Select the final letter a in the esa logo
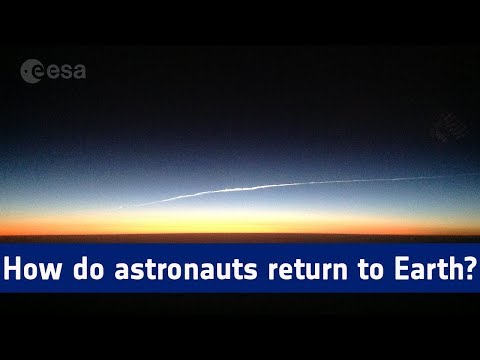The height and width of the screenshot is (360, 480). (x=78, y=71)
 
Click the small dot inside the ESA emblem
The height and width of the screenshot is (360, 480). (x=29, y=70)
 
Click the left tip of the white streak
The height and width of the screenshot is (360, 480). (x=121, y=208)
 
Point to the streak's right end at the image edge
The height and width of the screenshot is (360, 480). (x=477, y=175)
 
